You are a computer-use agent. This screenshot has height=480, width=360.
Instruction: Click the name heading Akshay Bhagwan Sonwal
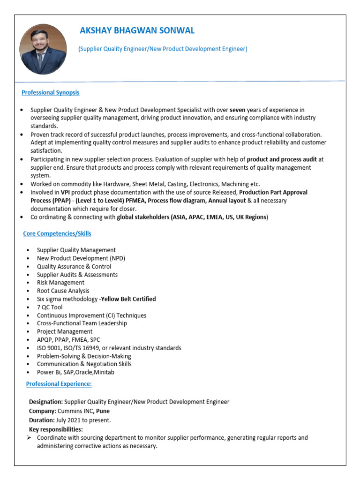137,31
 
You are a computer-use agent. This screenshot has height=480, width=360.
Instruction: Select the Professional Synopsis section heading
51,93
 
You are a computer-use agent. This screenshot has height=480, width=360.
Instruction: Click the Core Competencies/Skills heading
57,233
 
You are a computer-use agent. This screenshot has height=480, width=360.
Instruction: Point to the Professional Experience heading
59,384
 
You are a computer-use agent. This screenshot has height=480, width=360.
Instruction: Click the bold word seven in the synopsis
238,110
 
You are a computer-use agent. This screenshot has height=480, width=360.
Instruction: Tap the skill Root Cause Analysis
63,291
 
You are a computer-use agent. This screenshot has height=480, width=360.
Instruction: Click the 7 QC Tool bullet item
50,307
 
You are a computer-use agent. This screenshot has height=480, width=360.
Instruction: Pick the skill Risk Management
60,283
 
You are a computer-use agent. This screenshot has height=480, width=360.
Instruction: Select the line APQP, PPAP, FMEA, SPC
68,339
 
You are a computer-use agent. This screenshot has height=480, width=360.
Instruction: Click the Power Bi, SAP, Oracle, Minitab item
75,372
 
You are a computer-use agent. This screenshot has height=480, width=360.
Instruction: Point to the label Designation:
46,402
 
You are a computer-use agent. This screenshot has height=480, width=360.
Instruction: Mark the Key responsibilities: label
56,429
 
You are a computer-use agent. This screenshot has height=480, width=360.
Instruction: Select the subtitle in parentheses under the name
163,49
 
